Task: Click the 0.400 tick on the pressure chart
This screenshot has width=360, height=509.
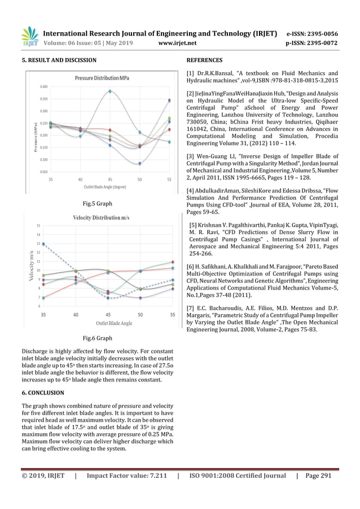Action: (x=43, y=86)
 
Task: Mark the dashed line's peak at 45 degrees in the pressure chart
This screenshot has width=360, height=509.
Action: (x=110, y=91)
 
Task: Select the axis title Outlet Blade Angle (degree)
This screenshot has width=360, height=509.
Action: (x=105, y=186)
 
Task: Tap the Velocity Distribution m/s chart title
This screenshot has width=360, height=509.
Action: (x=101, y=217)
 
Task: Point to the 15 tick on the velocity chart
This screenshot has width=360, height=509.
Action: (x=38, y=226)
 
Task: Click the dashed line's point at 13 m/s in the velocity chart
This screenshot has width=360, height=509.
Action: (x=44, y=244)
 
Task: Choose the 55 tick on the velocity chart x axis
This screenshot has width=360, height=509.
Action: (x=172, y=315)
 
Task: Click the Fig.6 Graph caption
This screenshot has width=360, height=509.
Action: (x=97, y=338)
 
